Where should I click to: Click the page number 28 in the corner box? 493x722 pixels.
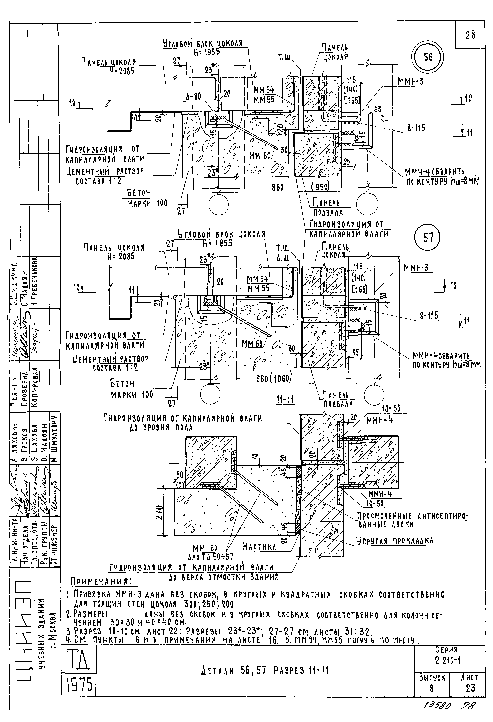pyautogui.click(x=470, y=35)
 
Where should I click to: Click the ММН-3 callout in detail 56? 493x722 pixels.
pyautogui.click(x=410, y=81)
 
